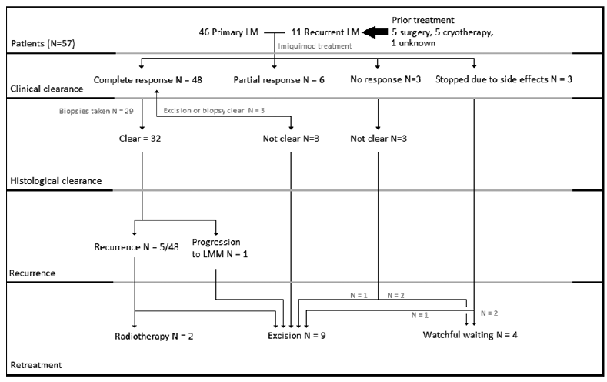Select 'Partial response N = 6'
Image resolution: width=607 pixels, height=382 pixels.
coord(275,79)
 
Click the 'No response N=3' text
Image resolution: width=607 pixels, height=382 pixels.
coord(379,79)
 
